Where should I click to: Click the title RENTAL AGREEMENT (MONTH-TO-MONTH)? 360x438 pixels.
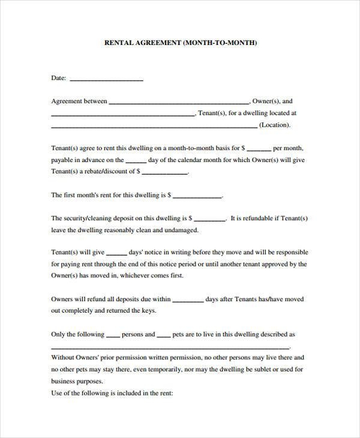(181, 43)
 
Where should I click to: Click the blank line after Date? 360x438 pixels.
(107, 79)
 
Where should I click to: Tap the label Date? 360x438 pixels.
(59, 78)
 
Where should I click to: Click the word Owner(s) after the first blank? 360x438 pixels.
(265, 101)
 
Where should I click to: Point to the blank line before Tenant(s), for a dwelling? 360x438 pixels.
(122, 114)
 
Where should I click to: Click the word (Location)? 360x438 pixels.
(275, 125)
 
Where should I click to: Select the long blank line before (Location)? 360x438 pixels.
(154, 126)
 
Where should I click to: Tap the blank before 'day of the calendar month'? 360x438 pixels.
(136, 161)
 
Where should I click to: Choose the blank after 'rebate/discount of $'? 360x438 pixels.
(165, 172)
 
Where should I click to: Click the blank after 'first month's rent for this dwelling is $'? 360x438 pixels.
(197, 196)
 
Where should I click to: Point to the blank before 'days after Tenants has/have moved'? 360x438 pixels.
(188, 301)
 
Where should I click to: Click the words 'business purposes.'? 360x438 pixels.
(77, 382)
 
